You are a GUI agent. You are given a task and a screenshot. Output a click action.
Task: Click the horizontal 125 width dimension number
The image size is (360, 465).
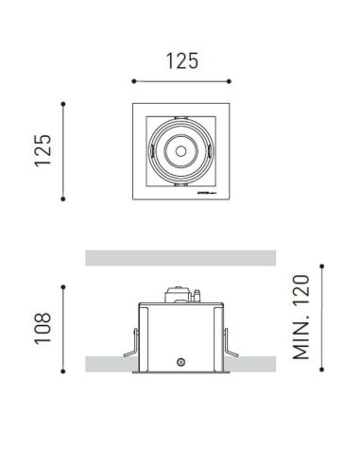182,61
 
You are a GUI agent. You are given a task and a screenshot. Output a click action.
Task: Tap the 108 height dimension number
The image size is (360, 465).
43,328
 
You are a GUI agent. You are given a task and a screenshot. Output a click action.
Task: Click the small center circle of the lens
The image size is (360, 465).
179,149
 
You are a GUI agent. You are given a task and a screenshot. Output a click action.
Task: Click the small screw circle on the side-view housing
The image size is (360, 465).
180,362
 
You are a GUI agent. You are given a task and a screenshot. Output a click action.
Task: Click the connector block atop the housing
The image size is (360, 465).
180,295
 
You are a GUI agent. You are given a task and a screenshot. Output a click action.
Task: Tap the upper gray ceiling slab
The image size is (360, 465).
180,257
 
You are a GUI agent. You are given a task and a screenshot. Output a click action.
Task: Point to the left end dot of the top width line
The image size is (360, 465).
133,81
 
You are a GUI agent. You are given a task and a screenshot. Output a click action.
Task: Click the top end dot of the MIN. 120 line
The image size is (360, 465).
322,264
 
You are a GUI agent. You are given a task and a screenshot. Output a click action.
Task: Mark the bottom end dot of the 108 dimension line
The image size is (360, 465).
63,372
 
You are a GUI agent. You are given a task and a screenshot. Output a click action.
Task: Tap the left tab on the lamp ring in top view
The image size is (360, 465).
150,149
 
